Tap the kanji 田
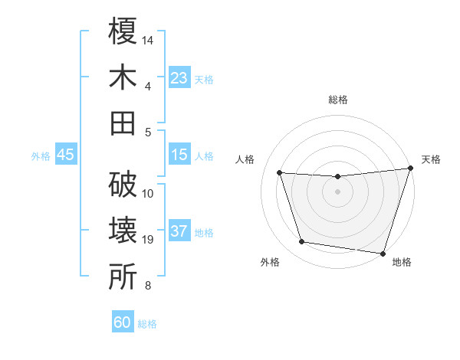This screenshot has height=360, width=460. tap(123, 123)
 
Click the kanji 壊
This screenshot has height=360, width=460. tap(123, 231)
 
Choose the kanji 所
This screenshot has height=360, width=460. tap(123, 277)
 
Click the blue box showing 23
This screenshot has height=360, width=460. tap(179, 78)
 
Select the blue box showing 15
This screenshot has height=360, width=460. tap(179, 155)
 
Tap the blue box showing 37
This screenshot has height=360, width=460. tap(179, 231)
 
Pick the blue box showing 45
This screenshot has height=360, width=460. tap(65, 155)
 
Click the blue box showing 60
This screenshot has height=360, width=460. tap(123, 322)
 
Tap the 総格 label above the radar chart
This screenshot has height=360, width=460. tap(337, 100)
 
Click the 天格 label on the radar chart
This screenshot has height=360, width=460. tap(431, 159)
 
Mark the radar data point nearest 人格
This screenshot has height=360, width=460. tap(280, 173)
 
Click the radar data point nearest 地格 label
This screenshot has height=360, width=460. tap(383, 253)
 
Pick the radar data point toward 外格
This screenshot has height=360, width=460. tap(302, 242)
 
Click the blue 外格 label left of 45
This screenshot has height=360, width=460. tap(41, 155)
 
